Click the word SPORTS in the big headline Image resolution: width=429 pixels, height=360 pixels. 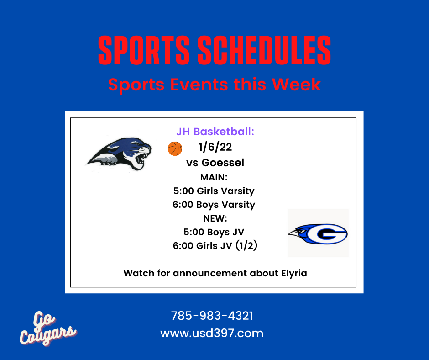(144, 50)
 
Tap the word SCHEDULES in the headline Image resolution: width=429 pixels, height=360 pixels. (264, 50)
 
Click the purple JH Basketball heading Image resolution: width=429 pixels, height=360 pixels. (215, 132)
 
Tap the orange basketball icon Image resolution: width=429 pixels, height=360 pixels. (175, 149)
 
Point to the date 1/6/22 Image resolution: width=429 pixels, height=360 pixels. (215, 147)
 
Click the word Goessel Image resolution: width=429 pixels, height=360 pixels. (223, 163)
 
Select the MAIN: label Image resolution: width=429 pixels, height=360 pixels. (214, 177)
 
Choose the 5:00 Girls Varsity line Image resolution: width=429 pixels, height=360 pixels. (214, 191)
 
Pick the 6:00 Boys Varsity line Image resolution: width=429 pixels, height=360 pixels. (214, 205)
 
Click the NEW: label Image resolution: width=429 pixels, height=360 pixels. (215, 218)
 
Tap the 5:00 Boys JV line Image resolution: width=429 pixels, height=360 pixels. (214, 232)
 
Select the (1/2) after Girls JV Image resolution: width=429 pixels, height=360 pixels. (246, 245)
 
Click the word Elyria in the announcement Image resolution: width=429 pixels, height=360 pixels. (294, 273)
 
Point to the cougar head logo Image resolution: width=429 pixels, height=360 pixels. (120, 154)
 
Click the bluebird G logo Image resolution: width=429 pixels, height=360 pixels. (318, 234)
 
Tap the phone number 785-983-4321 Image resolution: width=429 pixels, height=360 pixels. (212, 316)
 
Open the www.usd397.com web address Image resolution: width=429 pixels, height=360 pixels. (212, 333)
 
